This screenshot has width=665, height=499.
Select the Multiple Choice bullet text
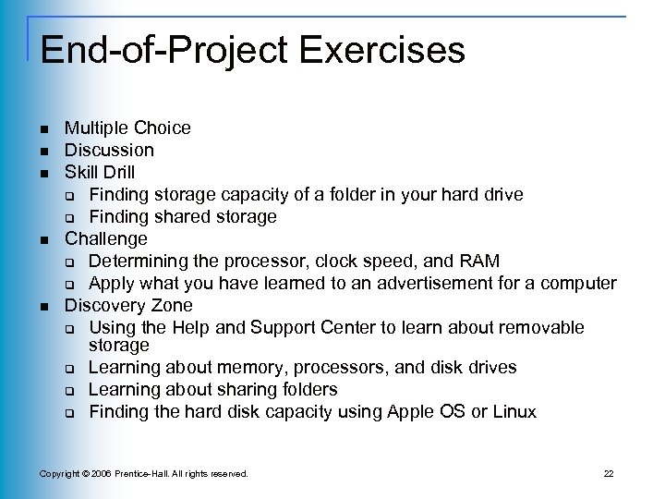tap(127, 128)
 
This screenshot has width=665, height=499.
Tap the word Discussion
tap(109, 150)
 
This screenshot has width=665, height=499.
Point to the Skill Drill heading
tap(99, 172)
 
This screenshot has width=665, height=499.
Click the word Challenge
tap(105, 238)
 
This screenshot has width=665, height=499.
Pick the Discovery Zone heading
tap(128, 305)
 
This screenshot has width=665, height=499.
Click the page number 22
tap(608, 474)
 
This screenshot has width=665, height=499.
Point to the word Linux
tap(514, 412)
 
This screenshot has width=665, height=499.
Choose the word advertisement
tap(442, 283)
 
